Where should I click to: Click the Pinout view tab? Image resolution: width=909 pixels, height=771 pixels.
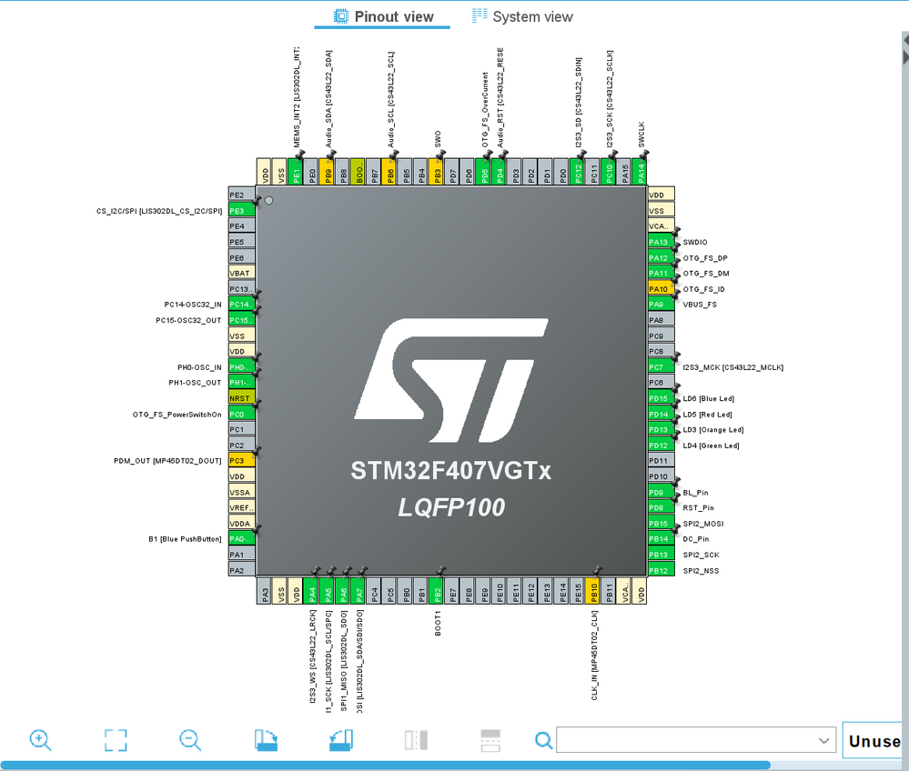[x=383, y=16]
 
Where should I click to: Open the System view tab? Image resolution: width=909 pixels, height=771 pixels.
[x=522, y=16]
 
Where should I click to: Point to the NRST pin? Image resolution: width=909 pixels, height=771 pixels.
[x=241, y=398]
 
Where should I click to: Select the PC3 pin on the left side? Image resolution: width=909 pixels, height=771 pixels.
[x=241, y=461]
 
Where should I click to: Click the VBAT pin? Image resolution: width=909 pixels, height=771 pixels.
[x=241, y=273]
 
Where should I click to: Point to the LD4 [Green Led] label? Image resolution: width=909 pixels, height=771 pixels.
[x=711, y=446]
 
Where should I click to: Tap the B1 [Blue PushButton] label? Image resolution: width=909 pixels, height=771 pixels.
[x=185, y=539]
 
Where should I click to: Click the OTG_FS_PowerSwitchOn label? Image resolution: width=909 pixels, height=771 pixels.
[x=177, y=415]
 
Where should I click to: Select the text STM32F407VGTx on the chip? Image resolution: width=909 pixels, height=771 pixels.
[x=450, y=472]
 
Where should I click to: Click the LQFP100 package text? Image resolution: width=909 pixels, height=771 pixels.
[x=450, y=507]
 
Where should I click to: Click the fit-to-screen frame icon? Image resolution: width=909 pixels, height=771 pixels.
[x=116, y=740]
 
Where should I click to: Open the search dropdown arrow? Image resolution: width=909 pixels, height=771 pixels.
[x=824, y=741]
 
